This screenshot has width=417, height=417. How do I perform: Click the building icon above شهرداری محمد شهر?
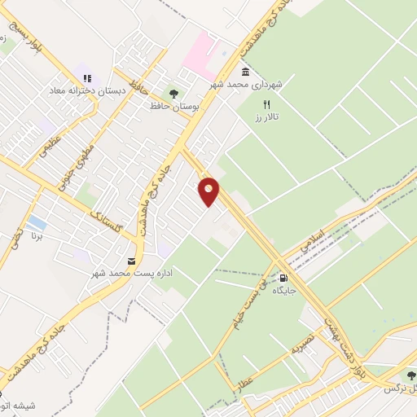pos(246,71)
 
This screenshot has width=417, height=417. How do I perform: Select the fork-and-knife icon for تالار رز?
pos(266,104)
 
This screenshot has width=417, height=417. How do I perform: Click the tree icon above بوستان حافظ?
pos(172,92)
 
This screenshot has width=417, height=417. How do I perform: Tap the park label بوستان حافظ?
pos(171,106)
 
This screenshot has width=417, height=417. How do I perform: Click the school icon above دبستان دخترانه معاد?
pos(87,79)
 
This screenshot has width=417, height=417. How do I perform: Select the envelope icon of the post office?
pos(131,261)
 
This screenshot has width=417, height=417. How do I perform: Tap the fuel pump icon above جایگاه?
pos(283,277)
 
